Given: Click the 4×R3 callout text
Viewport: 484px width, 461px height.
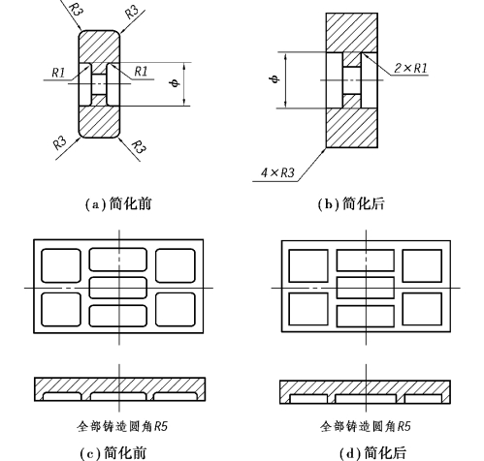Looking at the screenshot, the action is pos(277,172).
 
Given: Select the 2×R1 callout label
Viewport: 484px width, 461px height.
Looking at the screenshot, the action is pos(410,68).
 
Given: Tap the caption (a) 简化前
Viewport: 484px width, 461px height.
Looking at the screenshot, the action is pos(118,203).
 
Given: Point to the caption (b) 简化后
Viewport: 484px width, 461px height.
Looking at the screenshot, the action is pos(351,203).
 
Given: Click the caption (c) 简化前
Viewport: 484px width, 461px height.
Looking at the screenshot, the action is pos(113,453).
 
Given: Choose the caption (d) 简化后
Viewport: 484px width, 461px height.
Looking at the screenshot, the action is pos(372,453).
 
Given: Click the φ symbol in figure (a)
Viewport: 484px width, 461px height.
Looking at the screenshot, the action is pos(175,83).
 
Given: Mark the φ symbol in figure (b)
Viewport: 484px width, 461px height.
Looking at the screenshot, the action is pos(274,78).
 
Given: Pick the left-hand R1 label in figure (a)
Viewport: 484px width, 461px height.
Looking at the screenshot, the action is pos(58,73).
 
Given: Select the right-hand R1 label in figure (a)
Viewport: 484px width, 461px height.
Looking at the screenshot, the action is pos(141,72).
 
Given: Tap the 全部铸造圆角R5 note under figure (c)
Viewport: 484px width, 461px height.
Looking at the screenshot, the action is pos(122,426).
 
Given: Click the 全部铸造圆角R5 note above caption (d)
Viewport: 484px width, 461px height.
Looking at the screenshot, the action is pos(366,426).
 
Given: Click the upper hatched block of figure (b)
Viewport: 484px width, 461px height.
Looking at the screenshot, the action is pos(352,33).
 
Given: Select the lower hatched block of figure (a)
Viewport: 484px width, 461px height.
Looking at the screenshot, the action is pos(99,121).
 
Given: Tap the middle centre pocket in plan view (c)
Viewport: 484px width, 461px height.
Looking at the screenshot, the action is pos(118,288).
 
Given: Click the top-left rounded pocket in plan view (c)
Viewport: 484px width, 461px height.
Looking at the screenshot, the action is pos(61,265).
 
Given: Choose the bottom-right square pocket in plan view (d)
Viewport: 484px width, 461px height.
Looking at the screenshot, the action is pos(422,309).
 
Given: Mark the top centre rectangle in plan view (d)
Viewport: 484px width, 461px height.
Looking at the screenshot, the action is pos(366,261).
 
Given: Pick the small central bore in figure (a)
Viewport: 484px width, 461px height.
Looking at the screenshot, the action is pos(99,84).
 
